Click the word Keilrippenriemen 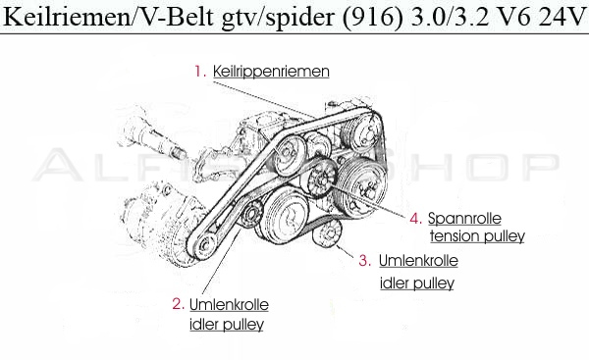point(270,72)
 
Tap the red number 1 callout point(198,72)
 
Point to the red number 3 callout point(364,261)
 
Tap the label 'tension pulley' point(477,236)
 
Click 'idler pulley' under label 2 point(225,324)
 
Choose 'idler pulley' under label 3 point(417,283)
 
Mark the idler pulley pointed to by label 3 point(331,235)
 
